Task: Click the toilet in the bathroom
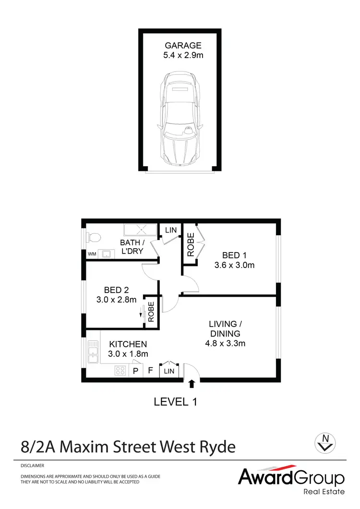[94, 237]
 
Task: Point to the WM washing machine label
[91, 254]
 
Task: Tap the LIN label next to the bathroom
[170, 230]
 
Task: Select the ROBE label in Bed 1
[191, 244]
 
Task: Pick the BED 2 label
[116, 290]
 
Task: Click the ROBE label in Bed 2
[151, 311]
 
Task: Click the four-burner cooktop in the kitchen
[120, 370]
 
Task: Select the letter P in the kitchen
[135, 371]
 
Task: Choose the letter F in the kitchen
[150, 371]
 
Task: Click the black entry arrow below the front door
[192, 383]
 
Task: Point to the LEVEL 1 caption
[176, 401]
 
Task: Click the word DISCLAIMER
[33, 466]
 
